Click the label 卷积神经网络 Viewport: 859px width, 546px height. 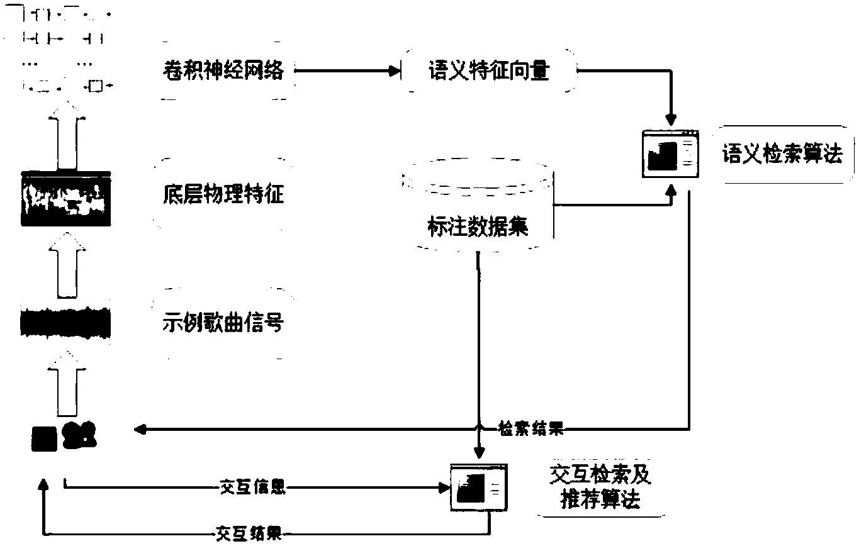(x=223, y=70)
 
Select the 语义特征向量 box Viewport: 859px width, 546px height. (x=489, y=71)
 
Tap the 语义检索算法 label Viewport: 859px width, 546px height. (x=782, y=153)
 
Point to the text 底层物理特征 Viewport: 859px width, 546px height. (x=223, y=194)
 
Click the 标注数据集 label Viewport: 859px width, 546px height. (x=478, y=226)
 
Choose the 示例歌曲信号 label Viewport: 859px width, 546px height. (x=223, y=322)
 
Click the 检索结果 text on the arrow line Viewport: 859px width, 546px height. (x=531, y=428)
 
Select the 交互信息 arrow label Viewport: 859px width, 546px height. (x=253, y=487)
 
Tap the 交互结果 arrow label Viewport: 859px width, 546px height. (x=249, y=533)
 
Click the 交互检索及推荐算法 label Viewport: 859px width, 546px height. (x=600, y=487)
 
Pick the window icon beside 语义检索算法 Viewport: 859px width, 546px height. (x=670, y=153)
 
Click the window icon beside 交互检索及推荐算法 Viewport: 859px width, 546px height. (x=479, y=487)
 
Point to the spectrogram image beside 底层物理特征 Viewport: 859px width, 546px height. (x=66, y=199)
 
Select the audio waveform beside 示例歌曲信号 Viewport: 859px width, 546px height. (x=65, y=323)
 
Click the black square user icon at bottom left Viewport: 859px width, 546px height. (x=44, y=439)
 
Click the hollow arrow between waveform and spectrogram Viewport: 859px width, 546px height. (x=67, y=265)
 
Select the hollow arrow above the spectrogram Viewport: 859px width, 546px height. (x=67, y=135)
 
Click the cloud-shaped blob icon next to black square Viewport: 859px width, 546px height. (x=79, y=435)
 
